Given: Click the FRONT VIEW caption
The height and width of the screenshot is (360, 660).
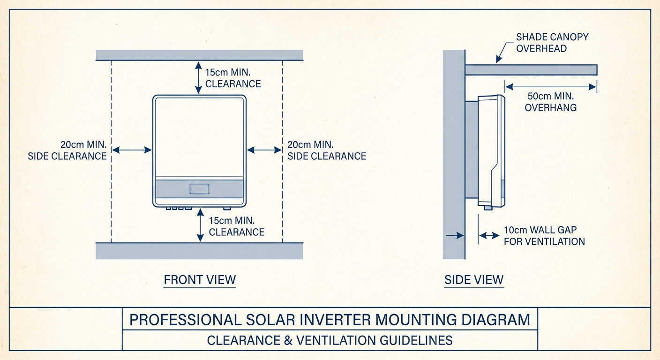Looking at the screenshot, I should [x=200, y=280].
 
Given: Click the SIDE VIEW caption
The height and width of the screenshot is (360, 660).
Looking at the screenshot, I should [x=474, y=280].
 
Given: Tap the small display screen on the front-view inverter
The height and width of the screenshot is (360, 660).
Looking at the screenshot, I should [x=199, y=189].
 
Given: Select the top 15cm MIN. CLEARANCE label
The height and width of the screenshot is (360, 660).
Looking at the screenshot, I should [x=233, y=78].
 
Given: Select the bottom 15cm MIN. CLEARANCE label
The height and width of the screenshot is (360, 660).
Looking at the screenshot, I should [x=236, y=226].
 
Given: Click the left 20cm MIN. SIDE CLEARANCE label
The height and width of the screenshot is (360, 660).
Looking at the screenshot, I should [x=67, y=150].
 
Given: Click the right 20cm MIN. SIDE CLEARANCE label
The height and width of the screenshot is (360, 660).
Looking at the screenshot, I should [x=327, y=150].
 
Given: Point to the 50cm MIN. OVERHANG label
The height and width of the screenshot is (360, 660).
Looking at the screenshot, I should [x=550, y=102].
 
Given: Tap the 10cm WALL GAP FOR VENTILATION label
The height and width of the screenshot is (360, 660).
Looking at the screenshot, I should [x=544, y=236].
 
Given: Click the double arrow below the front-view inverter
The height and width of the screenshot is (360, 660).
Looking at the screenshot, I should [x=201, y=225].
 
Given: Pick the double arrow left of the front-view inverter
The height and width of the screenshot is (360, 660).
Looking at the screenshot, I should [x=132, y=150].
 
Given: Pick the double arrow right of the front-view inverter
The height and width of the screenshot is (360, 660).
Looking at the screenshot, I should [x=264, y=150].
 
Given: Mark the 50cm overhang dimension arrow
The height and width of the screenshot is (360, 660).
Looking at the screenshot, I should [x=550, y=86].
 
